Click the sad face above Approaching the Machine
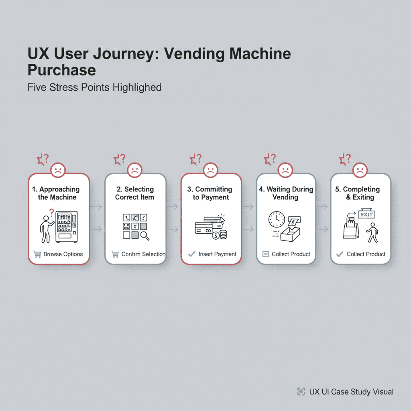coord(58,170)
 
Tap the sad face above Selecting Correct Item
coord(134,170)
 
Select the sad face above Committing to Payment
coord(210,170)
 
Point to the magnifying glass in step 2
coord(144,236)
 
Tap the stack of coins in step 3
coord(221,234)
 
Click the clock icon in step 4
coord(276,220)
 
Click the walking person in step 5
coord(373,234)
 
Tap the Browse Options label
coord(63,254)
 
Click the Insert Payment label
coord(218,254)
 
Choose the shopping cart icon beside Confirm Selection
coord(115,254)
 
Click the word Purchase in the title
coord(61,70)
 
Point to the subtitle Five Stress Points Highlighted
coord(95,87)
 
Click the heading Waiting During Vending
coord(286,193)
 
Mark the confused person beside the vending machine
coord(47,228)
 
